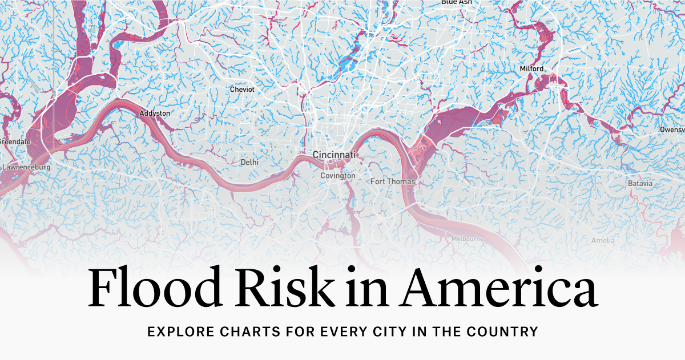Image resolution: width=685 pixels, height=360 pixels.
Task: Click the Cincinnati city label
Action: pyautogui.click(x=334, y=155)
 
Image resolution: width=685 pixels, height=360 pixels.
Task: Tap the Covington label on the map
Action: pyautogui.click(x=337, y=176)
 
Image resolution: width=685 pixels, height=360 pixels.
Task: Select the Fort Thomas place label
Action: pyautogui.click(x=393, y=181)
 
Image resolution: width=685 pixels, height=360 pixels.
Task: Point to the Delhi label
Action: pyautogui.click(x=249, y=162)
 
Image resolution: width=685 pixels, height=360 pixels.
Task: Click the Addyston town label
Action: pyautogui.click(x=155, y=114)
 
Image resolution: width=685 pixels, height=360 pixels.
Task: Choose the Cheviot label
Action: pyautogui.click(x=242, y=90)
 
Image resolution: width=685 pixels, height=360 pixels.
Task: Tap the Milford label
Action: pyautogui.click(x=531, y=69)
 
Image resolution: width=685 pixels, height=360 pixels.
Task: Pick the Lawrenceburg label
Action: pyautogui.click(x=26, y=168)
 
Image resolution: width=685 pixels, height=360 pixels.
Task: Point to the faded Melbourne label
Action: pyautogui.click(x=468, y=238)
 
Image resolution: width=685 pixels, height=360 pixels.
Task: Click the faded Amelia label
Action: pyautogui.click(x=603, y=240)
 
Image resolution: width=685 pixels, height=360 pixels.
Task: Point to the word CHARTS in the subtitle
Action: pyautogui.click(x=246, y=331)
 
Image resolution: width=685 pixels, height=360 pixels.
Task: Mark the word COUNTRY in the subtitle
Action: pyautogui.click(x=505, y=331)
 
